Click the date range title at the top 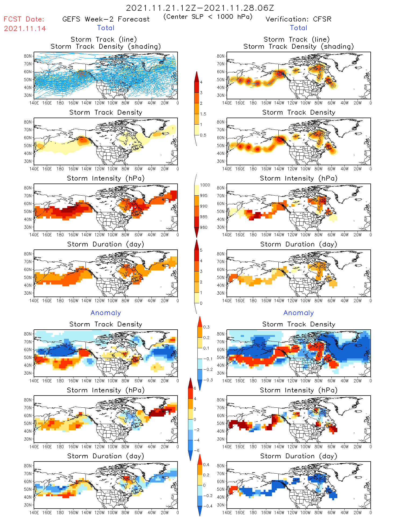(200, 8)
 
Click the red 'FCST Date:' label (24, 19)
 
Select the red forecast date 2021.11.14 (25, 29)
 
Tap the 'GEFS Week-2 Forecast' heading (106, 19)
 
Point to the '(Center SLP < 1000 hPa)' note (208, 17)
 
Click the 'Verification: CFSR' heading (298, 19)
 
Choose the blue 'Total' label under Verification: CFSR (298, 28)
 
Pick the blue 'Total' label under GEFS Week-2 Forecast (106, 28)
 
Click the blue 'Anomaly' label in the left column (106, 313)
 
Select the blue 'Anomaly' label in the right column (299, 313)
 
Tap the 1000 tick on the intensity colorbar (205, 185)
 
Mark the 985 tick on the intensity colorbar (204, 217)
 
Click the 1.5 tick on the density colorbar (203, 114)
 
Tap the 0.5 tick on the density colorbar (203, 135)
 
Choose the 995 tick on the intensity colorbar (204, 196)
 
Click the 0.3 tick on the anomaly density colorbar (206, 327)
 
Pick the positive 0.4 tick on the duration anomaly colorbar (206, 465)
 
